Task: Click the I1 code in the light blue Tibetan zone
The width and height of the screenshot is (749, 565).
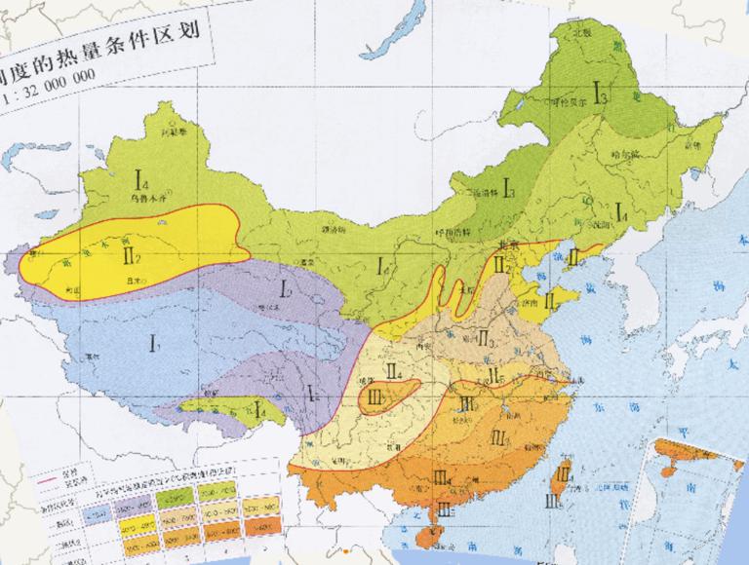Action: [153, 342]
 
